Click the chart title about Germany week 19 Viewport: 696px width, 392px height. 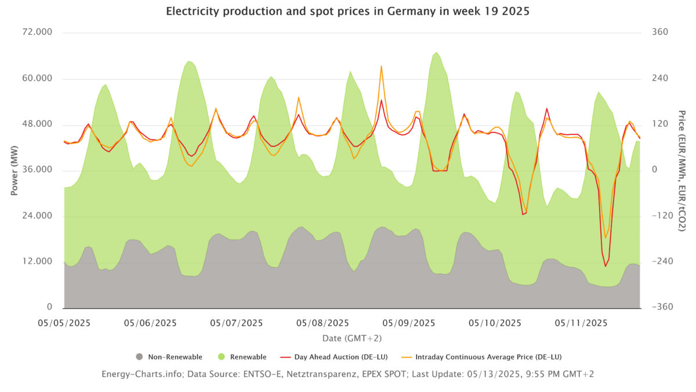click(347, 12)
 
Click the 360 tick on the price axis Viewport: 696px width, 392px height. click(660, 33)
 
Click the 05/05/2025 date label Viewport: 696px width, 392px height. click(64, 323)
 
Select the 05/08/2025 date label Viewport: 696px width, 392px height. click(323, 323)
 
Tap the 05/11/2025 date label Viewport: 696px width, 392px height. click(581, 323)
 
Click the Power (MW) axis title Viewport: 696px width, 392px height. click(14, 170)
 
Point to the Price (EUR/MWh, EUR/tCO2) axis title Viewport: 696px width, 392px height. click(682, 170)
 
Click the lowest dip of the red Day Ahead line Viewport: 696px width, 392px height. click(605, 266)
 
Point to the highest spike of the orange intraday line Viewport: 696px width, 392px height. click(381, 66)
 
